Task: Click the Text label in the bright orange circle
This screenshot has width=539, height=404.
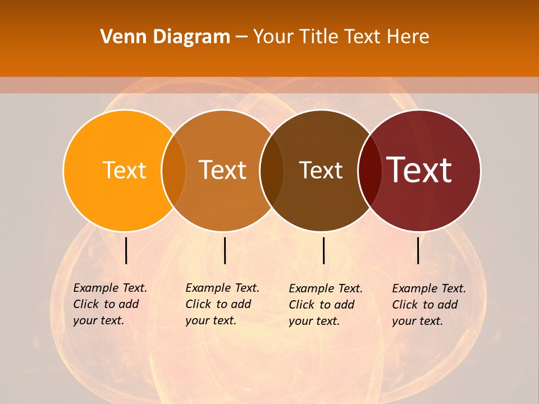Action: click(x=124, y=170)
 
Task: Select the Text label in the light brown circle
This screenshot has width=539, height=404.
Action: click(x=222, y=170)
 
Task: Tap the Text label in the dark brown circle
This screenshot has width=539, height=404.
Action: click(x=321, y=170)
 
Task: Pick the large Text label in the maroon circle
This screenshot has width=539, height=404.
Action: click(x=419, y=170)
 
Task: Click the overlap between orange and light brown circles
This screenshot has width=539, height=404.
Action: click(x=173, y=171)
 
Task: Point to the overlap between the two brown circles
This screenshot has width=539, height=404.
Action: click(x=272, y=171)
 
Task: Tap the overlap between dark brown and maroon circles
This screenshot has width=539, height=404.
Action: click(x=369, y=171)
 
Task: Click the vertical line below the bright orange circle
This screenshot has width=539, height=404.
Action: click(x=126, y=250)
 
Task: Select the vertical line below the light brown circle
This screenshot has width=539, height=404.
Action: click(x=225, y=250)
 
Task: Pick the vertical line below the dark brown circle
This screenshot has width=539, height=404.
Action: click(x=323, y=250)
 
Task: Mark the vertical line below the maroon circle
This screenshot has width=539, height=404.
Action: click(x=418, y=250)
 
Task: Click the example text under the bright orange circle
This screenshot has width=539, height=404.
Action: click(x=110, y=304)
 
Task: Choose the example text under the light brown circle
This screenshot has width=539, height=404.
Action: click(x=222, y=304)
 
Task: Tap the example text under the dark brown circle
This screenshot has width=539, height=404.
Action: click(x=326, y=305)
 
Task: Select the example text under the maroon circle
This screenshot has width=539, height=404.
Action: click(x=429, y=305)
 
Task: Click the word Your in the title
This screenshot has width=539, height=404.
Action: click(x=272, y=37)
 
